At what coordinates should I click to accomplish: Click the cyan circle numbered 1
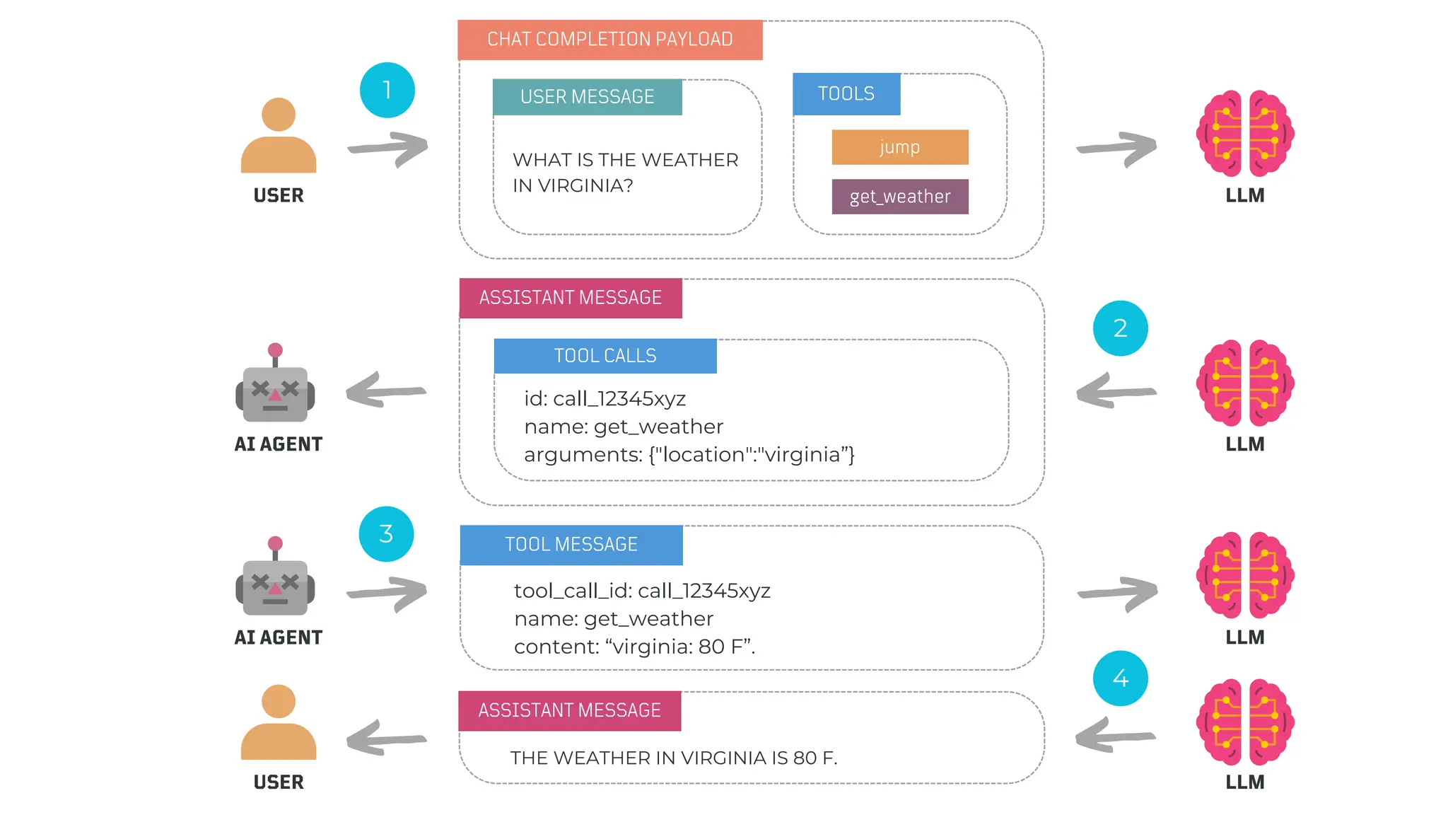[387, 90]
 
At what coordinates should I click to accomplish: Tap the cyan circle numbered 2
[1120, 328]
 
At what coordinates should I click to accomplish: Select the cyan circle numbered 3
[386, 534]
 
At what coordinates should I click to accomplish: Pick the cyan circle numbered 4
[1120, 678]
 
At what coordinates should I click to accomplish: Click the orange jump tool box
[899, 147]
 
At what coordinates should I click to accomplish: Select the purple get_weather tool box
[899, 197]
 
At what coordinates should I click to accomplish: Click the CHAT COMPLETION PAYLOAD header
[609, 40]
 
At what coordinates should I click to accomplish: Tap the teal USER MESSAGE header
[587, 97]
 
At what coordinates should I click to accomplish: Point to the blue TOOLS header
[846, 94]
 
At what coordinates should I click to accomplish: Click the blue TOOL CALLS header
[605, 356]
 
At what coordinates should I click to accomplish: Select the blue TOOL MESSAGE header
[571, 545]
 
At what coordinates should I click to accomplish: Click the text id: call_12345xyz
[605, 399]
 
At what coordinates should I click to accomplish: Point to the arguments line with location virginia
[689, 455]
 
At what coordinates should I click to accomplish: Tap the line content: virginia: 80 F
[634, 647]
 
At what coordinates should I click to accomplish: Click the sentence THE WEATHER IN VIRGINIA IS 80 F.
[673, 758]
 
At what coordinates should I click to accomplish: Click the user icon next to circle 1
[279, 136]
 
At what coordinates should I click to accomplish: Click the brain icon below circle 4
[1244, 722]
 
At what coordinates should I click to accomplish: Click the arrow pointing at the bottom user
[386, 738]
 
